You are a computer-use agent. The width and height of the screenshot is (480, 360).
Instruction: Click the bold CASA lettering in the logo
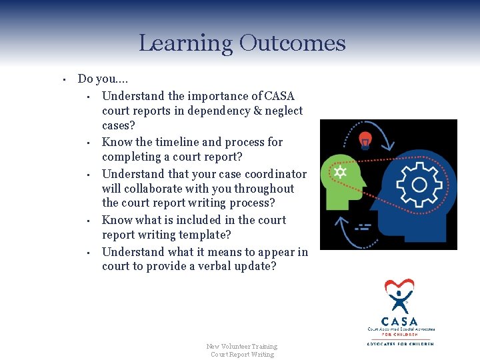399,321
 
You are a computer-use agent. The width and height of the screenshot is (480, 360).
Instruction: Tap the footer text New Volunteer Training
242,346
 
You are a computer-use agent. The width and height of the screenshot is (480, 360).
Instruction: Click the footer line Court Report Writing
242,354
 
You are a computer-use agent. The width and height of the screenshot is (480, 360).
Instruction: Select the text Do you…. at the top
99,79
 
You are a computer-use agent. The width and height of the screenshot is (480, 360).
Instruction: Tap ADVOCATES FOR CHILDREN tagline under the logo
400,343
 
